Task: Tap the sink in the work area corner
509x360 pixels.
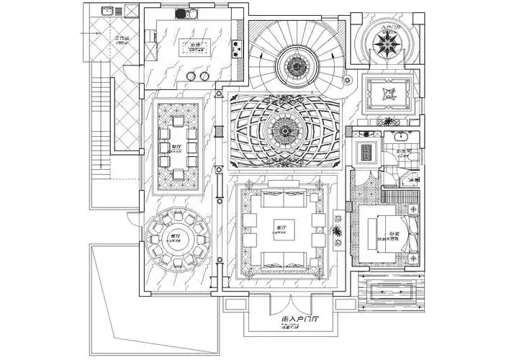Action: pos(108,12)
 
